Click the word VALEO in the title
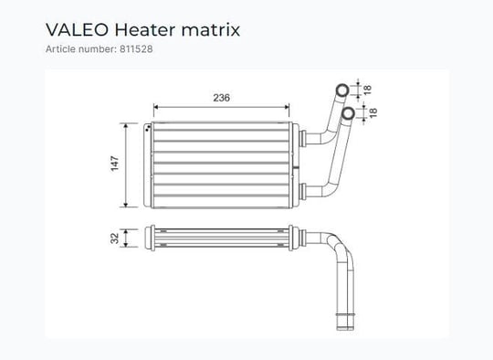tap(77, 30)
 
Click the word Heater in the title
tap(145, 30)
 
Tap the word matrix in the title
tap(211, 30)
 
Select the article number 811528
tap(136, 48)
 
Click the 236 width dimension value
tap(221, 98)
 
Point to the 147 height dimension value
tap(115, 164)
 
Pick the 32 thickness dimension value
tap(115, 238)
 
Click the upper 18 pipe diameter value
tap(367, 90)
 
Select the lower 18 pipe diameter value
tap(372, 112)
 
